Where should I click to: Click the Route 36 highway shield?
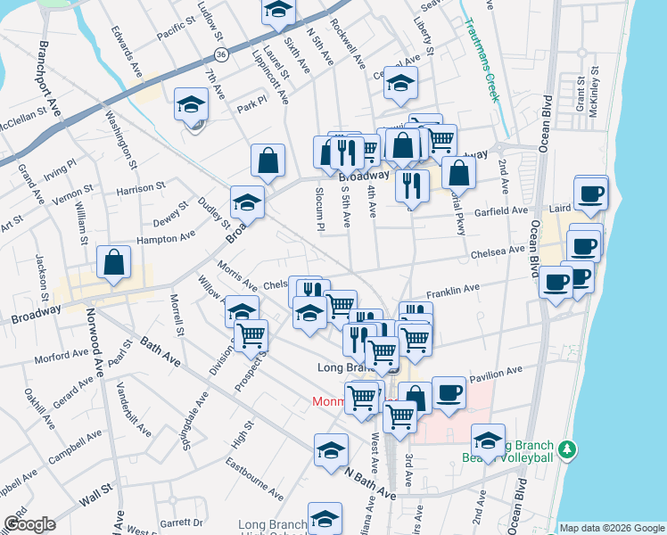220,55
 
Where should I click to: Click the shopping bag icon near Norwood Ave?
114,263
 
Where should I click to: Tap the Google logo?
29,524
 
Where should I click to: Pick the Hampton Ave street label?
165,238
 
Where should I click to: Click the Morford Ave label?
61,357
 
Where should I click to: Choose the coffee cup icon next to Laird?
590,193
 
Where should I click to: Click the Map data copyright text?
612,528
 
